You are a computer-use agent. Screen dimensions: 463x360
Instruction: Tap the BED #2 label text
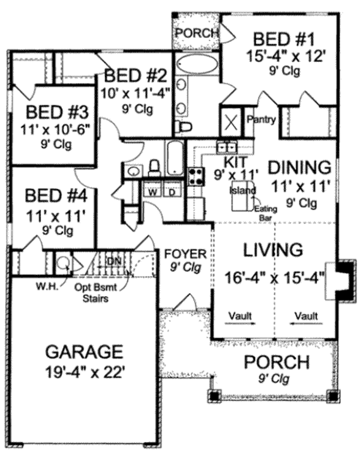(x=137, y=76)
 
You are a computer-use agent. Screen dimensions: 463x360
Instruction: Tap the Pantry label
(x=262, y=120)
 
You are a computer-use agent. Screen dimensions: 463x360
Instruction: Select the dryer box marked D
(x=170, y=192)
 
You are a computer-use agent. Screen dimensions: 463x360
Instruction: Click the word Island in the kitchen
(x=242, y=190)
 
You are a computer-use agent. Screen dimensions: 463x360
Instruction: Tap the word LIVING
(x=271, y=249)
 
